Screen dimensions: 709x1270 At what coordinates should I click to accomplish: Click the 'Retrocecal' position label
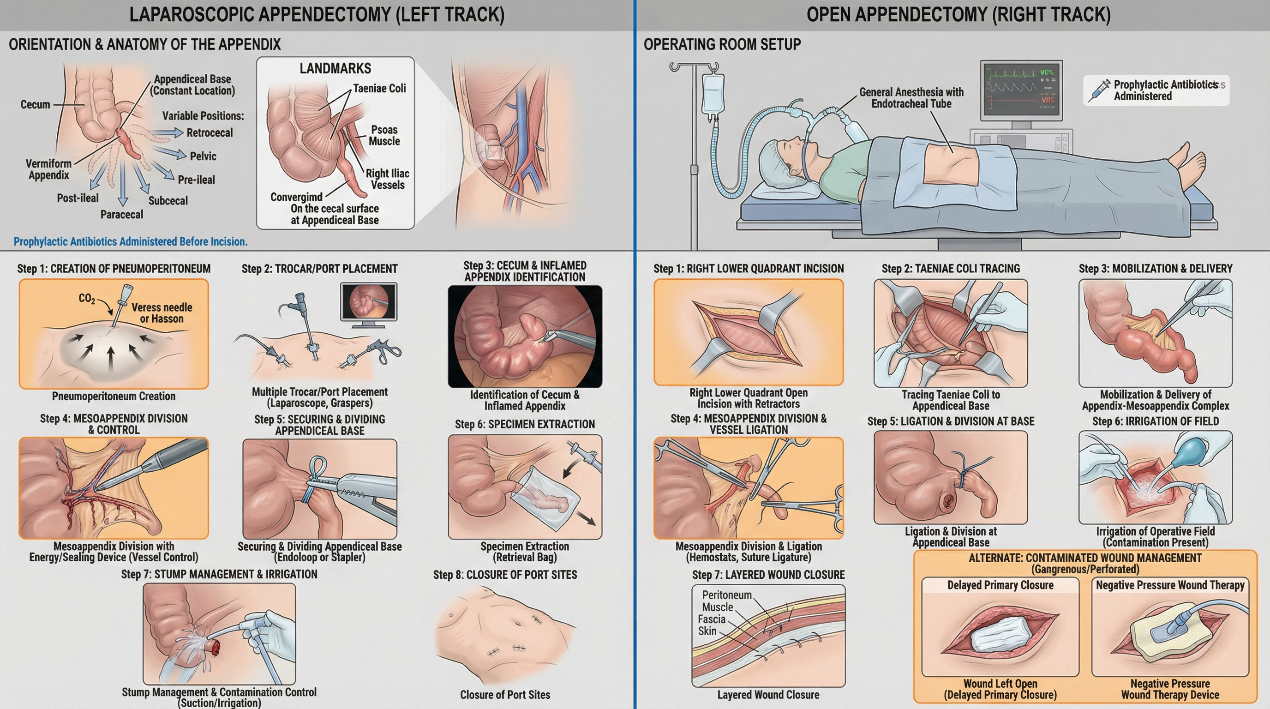click(x=209, y=132)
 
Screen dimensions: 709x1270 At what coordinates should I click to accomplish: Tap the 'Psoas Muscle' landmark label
click(x=384, y=136)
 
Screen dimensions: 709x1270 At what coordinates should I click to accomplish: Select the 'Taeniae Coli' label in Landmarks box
click(x=379, y=88)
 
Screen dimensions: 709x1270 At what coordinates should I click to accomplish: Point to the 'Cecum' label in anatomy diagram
click(x=35, y=104)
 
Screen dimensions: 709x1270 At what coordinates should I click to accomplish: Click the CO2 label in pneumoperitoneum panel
click(x=87, y=298)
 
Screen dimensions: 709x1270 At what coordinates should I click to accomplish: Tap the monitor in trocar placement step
click(x=368, y=302)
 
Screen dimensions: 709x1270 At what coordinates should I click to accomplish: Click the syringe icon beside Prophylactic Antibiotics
click(x=1099, y=90)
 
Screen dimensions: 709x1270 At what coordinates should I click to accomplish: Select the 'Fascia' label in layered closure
click(x=712, y=619)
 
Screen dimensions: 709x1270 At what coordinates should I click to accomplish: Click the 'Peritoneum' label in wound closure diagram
click(x=727, y=595)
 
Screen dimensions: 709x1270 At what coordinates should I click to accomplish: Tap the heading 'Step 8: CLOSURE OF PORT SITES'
click(x=505, y=574)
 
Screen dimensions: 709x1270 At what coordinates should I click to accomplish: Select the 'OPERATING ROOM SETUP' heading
click(x=722, y=44)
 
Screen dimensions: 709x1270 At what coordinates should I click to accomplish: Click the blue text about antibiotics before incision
click(x=130, y=241)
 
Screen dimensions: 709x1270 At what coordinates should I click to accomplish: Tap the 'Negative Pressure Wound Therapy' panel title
click(x=1170, y=585)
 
